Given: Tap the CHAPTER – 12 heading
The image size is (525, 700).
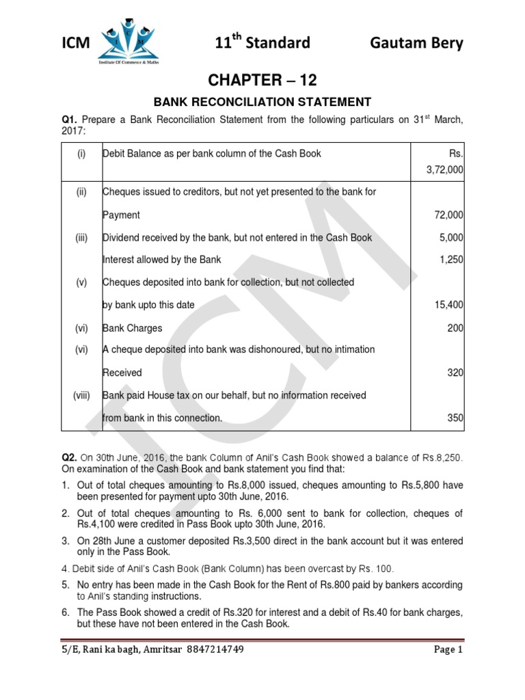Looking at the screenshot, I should tap(262, 81).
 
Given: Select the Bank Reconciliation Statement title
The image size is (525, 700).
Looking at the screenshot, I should tap(262, 103).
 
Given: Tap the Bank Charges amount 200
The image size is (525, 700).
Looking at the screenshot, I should tap(455, 328).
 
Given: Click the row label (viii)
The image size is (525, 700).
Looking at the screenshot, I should tap(81, 395).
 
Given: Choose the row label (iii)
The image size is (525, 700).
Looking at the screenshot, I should tap(81, 237).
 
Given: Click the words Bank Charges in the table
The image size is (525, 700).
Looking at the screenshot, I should tap(133, 328).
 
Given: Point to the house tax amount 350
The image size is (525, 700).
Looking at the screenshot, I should tap(455, 418).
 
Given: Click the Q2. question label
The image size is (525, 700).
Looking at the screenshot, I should tap(70, 457).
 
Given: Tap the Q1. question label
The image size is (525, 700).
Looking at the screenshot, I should tap(70, 120).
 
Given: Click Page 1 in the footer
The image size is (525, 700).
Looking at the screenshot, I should tap(448, 650).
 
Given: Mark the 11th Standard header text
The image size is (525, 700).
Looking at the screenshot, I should tap(262, 43).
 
